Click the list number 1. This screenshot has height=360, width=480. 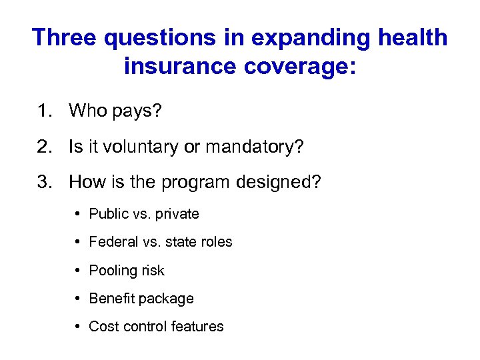pos(45,111)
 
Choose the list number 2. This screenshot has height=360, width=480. pos(45,147)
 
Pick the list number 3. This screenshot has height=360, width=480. pos(45,182)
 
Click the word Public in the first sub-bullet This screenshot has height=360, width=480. pos(108,214)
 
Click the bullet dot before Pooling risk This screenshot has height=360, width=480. pos(79,271)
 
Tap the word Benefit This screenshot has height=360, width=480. pos(111,299)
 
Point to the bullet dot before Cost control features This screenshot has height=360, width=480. pos(79,327)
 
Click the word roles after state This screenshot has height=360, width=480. pos(215,242)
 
